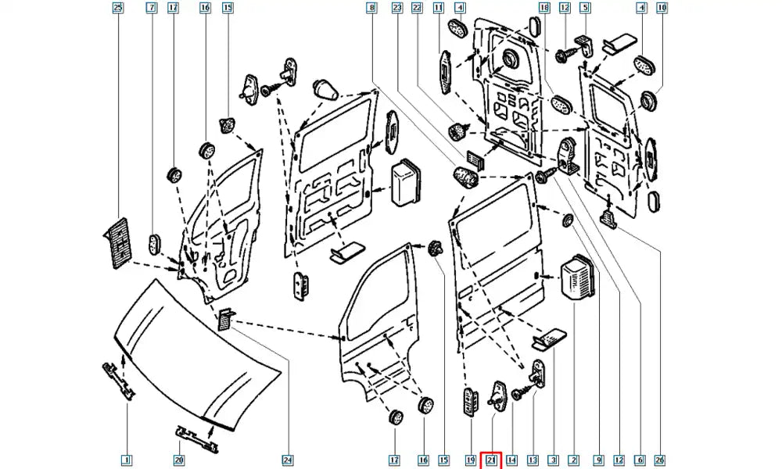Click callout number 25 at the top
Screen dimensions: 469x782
(118, 9)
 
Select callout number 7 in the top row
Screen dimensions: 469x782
(151, 9)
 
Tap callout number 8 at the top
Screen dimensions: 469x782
(371, 9)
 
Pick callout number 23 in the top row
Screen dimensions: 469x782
(396, 9)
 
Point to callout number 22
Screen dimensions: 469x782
(417, 9)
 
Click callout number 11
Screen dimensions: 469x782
(438, 9)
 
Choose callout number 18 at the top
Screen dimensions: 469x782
(544, 9)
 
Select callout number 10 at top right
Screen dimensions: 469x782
(662, 9)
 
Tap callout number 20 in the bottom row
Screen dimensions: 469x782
(179, 460)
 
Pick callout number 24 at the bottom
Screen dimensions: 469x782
(287, 460)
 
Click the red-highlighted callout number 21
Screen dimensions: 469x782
(490, 460)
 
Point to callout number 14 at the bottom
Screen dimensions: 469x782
(512, 460)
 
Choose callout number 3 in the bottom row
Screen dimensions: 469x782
(553, 460)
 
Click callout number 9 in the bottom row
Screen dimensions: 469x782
(598, 460)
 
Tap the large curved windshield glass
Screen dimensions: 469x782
(195, 360)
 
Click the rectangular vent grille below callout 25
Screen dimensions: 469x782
(118, 242)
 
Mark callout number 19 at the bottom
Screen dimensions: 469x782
(470, 460)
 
